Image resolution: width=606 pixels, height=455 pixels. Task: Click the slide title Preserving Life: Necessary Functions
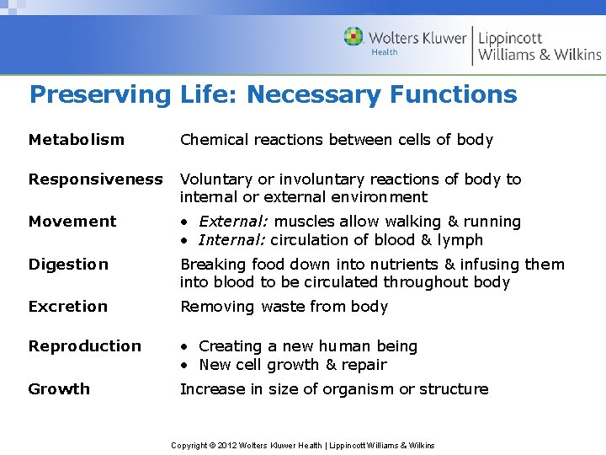tap(273, 94)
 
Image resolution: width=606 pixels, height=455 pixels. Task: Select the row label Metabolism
tap(76, 140)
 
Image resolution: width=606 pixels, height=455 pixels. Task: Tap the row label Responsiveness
tap(95, 179)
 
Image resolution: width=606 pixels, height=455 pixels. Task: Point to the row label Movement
tap(72, 222)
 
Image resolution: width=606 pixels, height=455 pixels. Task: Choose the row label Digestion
tap(68, 265)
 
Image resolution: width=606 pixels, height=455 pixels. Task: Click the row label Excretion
tap(67, 307)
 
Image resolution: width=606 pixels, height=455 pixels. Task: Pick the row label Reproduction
tap(84, 346)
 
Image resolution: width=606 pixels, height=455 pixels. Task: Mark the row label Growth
tap(59, 389)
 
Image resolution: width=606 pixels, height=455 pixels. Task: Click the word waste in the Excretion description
tap(282, 307)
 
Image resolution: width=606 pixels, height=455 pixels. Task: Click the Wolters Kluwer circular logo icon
tap(353, 37)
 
